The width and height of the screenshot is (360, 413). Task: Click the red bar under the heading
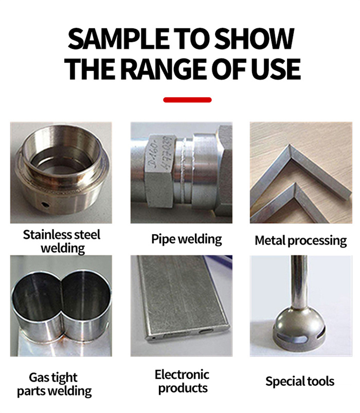(x=187, y=100)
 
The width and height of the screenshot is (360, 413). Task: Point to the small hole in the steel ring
(x=46, y=204)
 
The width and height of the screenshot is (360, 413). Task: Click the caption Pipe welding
(x=187, y=239)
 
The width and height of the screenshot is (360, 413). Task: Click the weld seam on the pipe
(x=188, y=171)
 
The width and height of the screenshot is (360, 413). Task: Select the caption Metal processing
(x=301, y=241)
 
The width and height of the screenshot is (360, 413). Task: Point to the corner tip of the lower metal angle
(x=296, y=184)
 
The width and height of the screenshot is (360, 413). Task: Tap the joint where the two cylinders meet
(x=63, y=308)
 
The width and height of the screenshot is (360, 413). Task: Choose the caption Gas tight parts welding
(x=55, y=384)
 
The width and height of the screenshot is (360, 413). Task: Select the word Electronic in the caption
(x=182, y=374)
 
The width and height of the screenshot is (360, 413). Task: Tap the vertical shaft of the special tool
(x=299, y=282)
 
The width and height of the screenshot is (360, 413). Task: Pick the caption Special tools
(x=300, y=381)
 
